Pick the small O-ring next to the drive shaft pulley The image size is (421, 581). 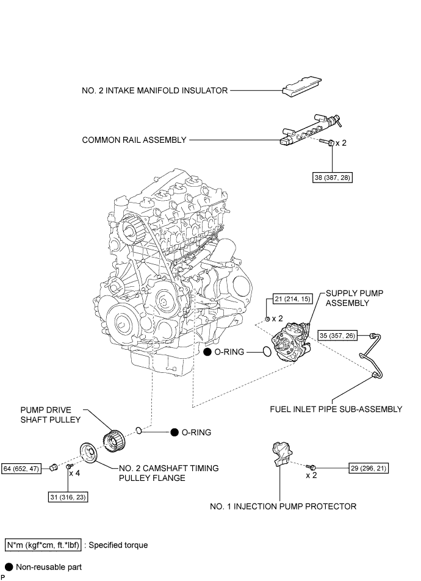click(x=140, y=431)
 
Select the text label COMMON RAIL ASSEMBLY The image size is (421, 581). click(x=134, y=140)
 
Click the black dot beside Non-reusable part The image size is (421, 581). click(x=9, y=566)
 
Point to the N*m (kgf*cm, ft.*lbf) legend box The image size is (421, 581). click(x=42, y=544)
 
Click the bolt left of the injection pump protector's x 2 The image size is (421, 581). click(x=312, y=467)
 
